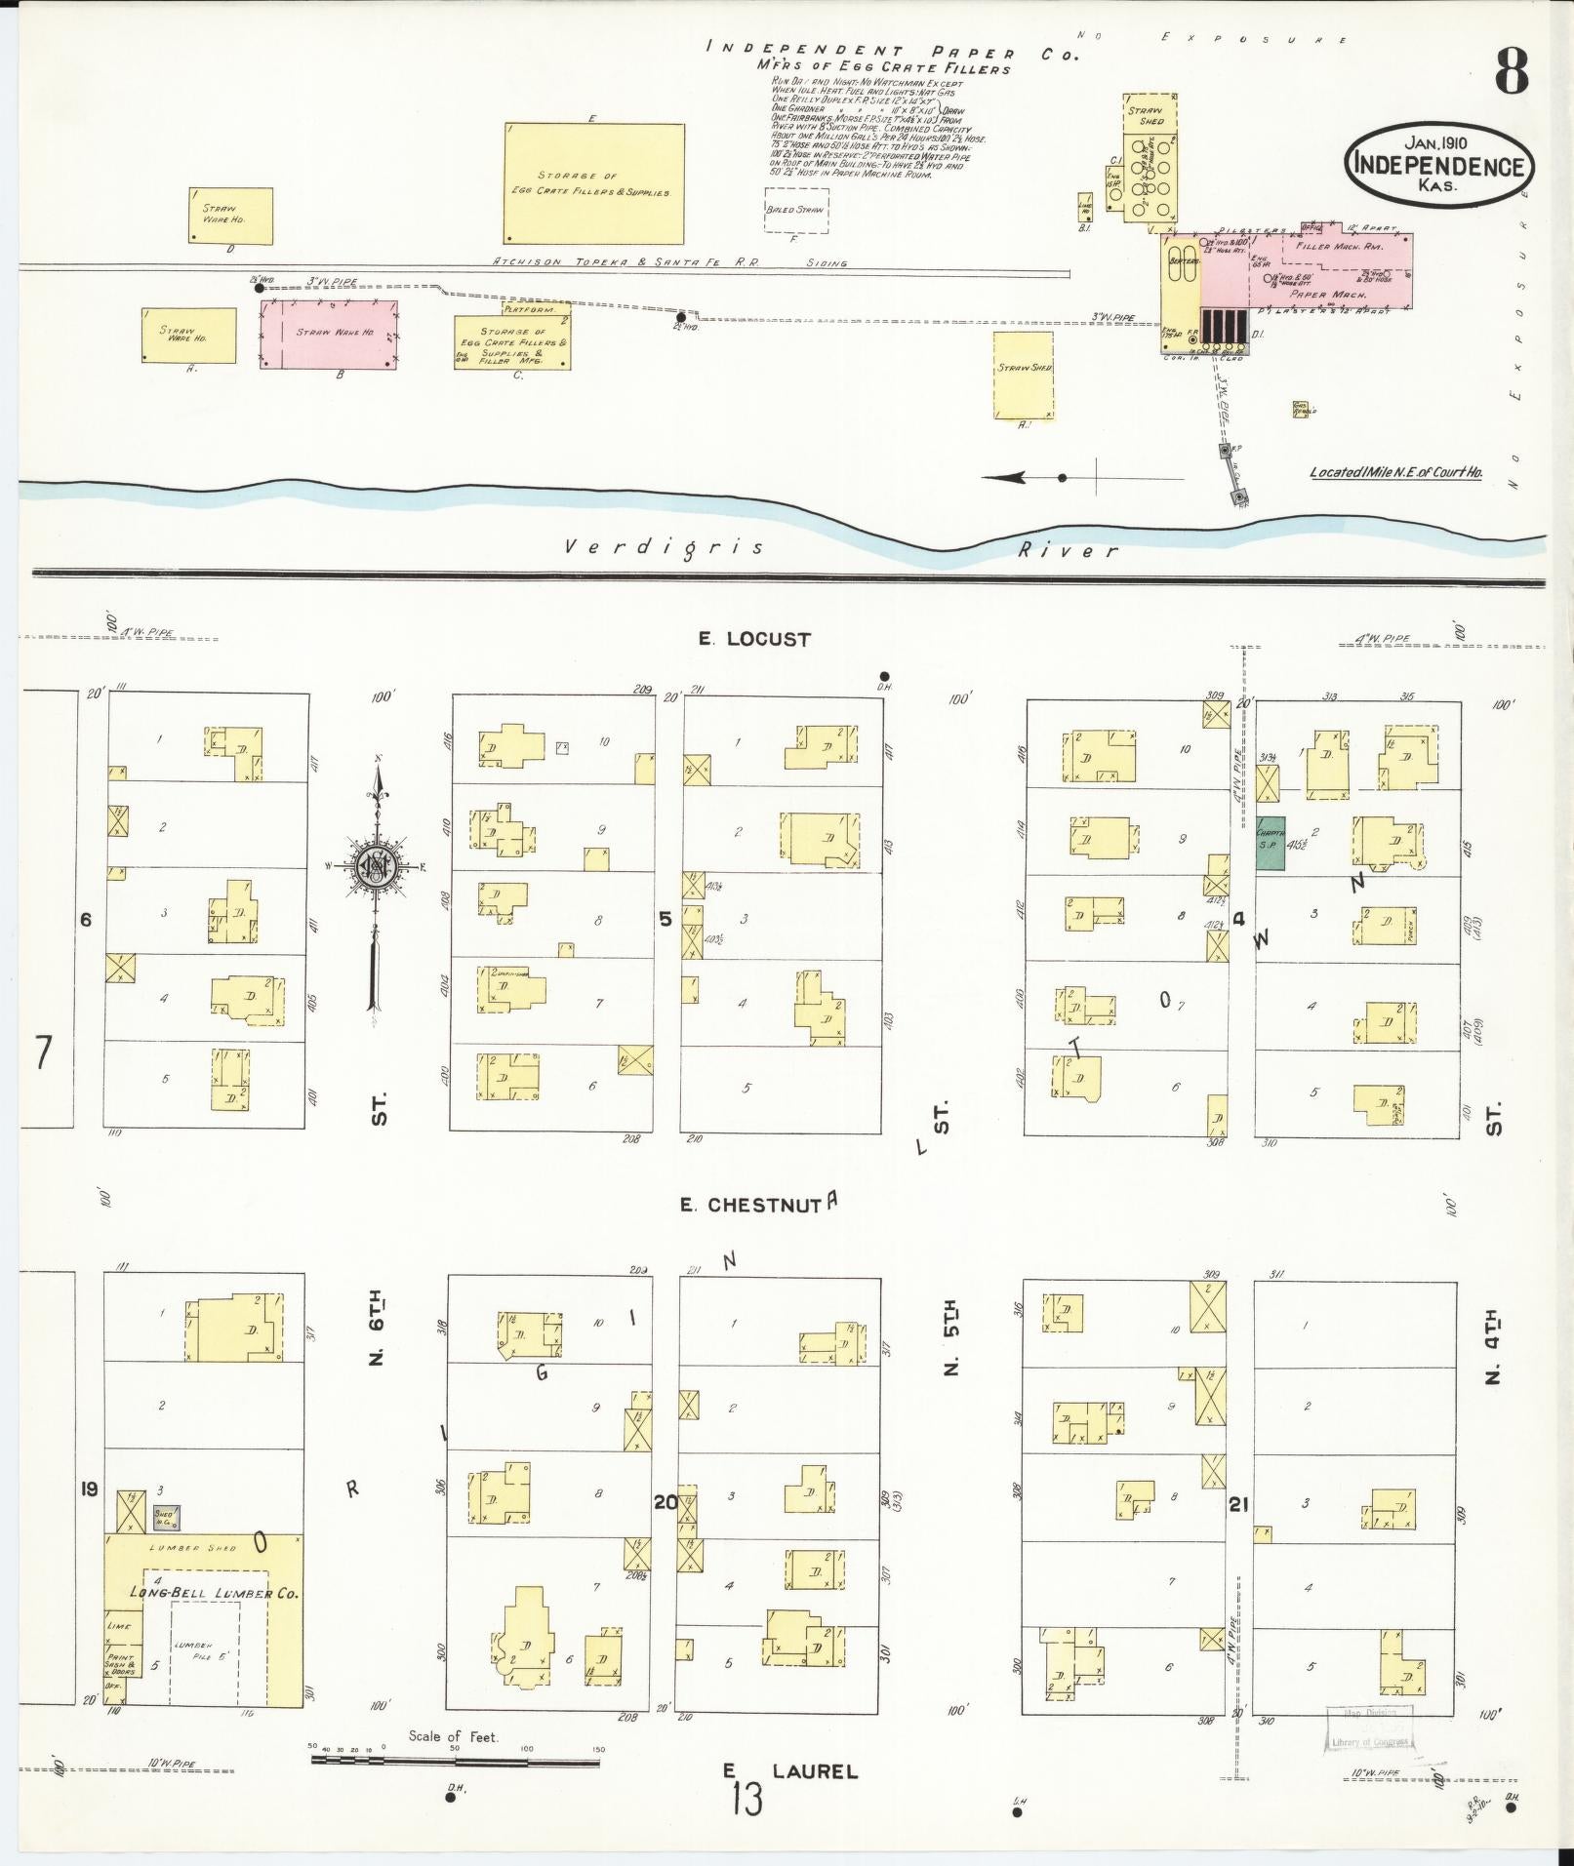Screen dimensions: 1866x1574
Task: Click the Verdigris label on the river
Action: click(x=665, y=547)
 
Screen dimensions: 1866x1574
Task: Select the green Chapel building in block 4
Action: click(x=1269, y=843)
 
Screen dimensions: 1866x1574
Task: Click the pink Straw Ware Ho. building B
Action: click(x=329, y=334)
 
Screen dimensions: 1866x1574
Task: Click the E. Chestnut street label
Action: click(x=750, y=1205)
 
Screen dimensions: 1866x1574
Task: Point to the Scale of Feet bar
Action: click(x=455, y=1762)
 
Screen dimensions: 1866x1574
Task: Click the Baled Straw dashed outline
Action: click(x=795, y=210)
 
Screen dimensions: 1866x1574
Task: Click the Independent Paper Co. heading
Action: click(x=892, y=52)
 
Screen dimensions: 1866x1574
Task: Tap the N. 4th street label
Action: click(x=1492, y=1349)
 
